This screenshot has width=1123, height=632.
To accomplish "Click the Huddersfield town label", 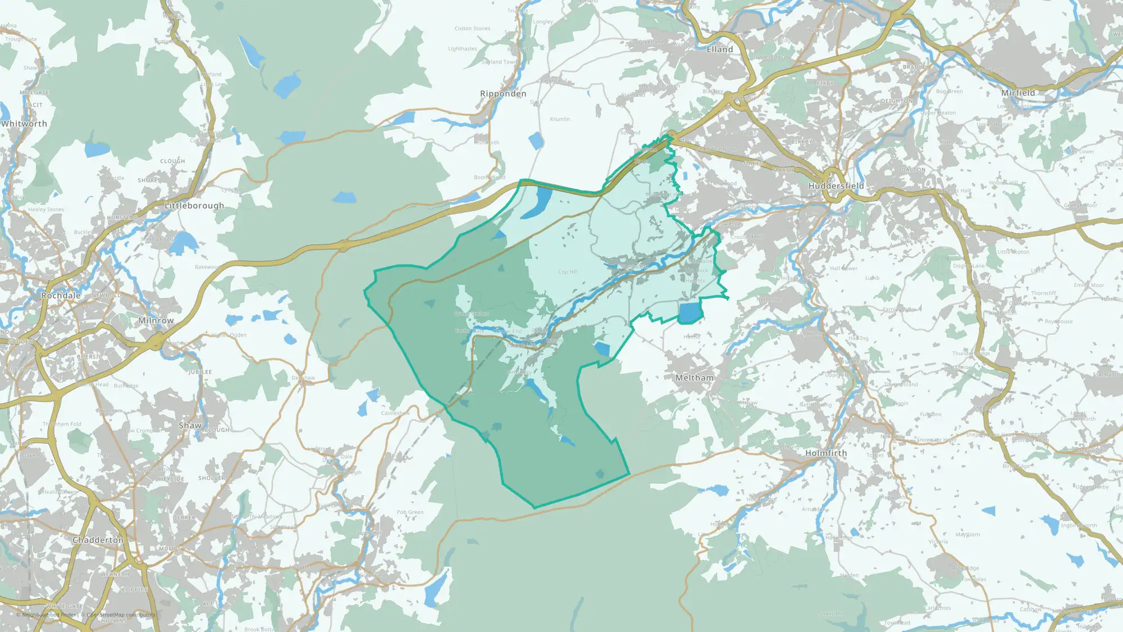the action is click(836, 186).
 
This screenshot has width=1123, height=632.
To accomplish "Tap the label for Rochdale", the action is click(61, 295).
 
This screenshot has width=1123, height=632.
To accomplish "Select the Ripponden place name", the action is click(503, 94).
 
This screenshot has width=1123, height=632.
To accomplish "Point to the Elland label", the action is click(720, 49).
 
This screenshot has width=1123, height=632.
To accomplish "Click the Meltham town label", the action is click(695, 378).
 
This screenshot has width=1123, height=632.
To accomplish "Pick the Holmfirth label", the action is click(826, 453).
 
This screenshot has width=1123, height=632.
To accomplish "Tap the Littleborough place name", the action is click(194, 206).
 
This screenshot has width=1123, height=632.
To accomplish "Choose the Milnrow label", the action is click(156, 321).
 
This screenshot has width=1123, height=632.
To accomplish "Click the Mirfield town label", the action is click(1018, 93).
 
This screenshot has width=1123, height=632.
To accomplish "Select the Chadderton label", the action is click(98, 540).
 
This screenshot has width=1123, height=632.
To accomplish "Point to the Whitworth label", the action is click(24, 124).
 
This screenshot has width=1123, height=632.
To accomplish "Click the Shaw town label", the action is click(190, 426).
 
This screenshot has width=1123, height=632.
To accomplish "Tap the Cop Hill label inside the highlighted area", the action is click(568, 272).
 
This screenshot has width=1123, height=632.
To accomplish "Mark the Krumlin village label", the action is click(560, 119).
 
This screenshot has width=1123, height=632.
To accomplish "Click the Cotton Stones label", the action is click(472, 29).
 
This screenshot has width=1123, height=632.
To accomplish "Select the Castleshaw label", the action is click(395, 413).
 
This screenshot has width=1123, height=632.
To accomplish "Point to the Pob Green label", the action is click(410, 512).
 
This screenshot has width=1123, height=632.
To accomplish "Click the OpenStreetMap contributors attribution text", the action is click(121, 615).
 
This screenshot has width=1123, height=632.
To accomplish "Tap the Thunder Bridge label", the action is click(971, 353).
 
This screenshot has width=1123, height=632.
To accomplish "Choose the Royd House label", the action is click(1058, 322).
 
